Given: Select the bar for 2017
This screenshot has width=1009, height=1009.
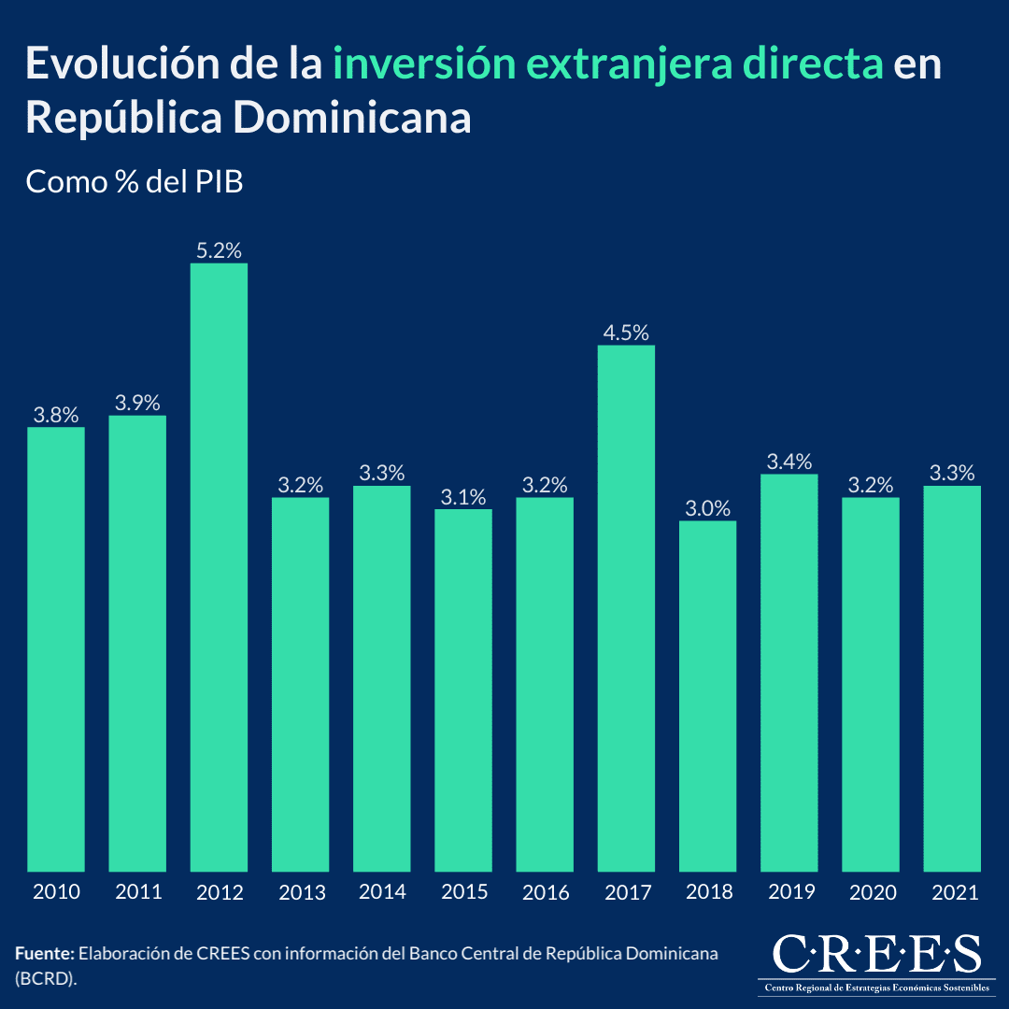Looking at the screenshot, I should click(x=626, y=608).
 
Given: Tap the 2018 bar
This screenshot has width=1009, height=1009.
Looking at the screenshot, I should click(x=707, y=696).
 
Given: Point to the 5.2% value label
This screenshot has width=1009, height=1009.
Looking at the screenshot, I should click(x=219, y=250).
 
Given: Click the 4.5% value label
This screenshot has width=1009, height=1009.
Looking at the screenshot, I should click(x=626, y=333).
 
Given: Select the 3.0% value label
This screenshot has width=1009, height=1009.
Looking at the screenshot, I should click(x=707, y=508).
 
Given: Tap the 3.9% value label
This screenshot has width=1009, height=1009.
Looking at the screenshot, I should click(x=137, y=403).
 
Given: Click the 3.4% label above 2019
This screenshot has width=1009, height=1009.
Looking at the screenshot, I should click(x=789, y=462).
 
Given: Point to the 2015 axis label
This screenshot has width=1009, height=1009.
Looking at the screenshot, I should click(x=463, y=892).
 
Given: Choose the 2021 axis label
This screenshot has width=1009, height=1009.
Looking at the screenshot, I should click(x=953, y=892).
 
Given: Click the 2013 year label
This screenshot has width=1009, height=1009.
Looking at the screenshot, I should click(x=301, y=892).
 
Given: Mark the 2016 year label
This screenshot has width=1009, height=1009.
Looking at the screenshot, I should click(x=546, y=892).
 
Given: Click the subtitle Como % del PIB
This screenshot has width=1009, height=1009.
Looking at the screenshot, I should click(x=135, y=181).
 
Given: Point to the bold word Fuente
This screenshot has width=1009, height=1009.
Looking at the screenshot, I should click(x=44, y=954).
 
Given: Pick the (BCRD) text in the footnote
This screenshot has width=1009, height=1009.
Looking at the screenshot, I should click(x=45, y=976).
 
